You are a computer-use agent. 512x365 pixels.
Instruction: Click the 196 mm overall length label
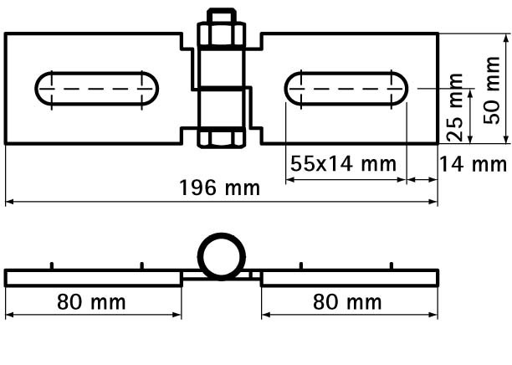[219, 188]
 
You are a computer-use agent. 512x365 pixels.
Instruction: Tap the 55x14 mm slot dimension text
[343, 164]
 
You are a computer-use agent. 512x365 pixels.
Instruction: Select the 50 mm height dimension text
[491, 90]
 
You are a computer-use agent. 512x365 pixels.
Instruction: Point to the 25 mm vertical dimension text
[454, 107]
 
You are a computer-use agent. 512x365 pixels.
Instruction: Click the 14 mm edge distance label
[474, 164]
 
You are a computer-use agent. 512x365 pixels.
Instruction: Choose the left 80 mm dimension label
[91, 302]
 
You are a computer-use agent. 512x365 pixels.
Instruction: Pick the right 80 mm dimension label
[347, 302]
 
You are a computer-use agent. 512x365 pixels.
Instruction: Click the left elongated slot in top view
[97, 89]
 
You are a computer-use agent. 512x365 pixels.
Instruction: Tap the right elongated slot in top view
[346, 89]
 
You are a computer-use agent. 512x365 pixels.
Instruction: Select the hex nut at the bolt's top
[222, 34]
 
